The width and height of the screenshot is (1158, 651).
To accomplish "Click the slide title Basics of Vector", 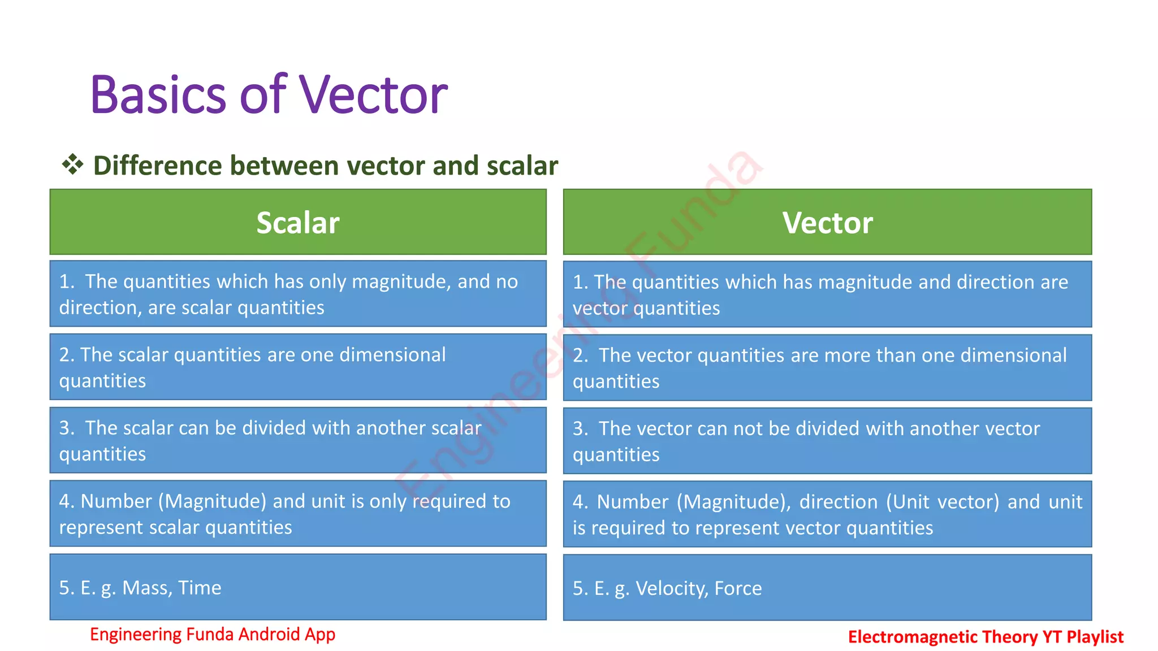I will tap(269, 94).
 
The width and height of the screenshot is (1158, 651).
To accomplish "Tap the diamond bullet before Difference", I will tap(72, 165).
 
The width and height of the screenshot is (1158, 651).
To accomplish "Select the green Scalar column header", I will tap(298, 222).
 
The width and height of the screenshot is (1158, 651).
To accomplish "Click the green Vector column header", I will tap(827, 222).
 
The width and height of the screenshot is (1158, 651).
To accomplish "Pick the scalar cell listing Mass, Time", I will tap(298, 587).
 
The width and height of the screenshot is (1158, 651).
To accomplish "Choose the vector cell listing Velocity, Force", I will tap(827, 588).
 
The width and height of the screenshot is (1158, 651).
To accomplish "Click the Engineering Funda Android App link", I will tap(213, 634).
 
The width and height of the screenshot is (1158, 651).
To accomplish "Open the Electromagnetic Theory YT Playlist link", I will tap(986, 637).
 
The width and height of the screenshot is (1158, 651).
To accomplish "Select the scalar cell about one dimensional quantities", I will tap(298, 367).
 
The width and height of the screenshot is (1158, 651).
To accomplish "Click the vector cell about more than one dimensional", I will tap(827, 368).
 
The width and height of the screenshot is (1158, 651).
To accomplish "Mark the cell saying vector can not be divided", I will tap(827, 441).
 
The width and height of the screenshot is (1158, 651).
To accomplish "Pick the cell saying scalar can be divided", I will tap(298, 440).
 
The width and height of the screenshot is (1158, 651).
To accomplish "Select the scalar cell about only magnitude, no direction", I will tap(298, 294).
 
